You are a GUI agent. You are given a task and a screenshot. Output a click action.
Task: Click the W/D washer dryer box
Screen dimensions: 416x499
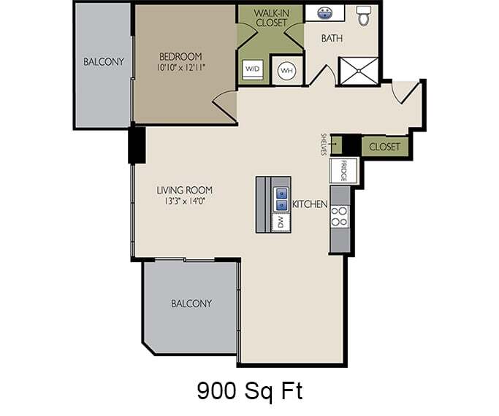point(252,69)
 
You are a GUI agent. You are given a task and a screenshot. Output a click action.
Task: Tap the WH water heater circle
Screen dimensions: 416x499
point(286,70)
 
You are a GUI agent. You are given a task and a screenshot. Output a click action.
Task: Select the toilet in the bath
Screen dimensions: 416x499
point(364,15)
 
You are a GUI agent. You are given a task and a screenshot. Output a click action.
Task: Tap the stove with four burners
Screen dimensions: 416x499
point(340,216)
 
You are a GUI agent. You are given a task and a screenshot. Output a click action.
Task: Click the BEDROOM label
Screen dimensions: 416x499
point(180,56)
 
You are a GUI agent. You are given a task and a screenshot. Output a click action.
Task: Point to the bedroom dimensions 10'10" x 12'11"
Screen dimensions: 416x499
point(180,68)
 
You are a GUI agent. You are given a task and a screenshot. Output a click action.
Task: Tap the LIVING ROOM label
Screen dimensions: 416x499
point(184,190)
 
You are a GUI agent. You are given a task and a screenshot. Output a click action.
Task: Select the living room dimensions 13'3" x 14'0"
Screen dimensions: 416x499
point(184,202)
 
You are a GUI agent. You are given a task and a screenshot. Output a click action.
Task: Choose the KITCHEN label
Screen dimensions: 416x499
point(309,204)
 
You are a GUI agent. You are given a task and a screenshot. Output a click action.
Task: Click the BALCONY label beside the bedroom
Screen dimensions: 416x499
point(103,61)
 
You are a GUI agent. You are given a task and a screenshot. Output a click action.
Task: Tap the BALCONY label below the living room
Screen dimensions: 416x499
point(191,303)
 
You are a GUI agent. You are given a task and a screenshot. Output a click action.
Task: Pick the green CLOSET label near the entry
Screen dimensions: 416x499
point(384,147)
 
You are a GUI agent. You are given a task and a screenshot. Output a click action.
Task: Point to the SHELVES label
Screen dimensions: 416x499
point(323,144)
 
